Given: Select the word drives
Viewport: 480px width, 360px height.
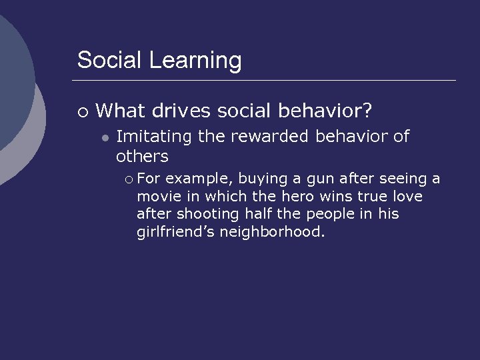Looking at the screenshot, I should [182, 110].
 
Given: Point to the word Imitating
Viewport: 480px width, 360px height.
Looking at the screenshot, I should [154, 137].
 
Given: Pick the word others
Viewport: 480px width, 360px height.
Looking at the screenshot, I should [142, 157].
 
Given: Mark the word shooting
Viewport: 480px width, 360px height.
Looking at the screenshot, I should [207, 215].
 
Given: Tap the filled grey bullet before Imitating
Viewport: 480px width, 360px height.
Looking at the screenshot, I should [105, 138].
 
